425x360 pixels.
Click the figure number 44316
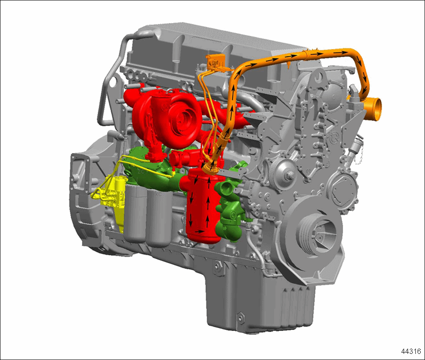[x=411, y=351]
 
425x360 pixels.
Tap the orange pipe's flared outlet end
[x=374, y=110]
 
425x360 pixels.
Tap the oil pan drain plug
[x=240, y=318]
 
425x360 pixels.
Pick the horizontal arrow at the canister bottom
[x=200, y=231]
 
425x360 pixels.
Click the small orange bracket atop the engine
[x=215, y=62]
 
